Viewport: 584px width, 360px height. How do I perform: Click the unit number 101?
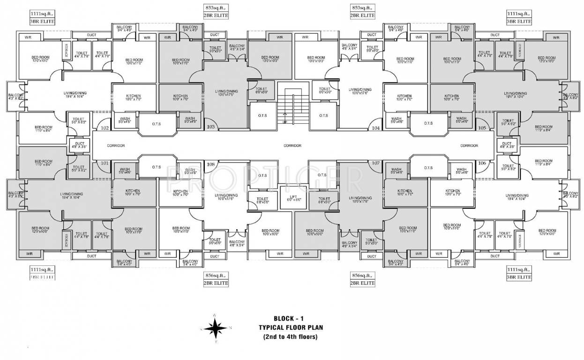(105, 164)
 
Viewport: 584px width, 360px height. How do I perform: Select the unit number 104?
(375, 127)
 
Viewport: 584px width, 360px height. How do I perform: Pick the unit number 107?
(375, 163)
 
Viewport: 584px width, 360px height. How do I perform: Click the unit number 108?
(211, 164)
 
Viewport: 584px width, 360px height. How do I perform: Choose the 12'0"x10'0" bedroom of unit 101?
(40, 231)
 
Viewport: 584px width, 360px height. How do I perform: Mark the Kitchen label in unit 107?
(404, 193)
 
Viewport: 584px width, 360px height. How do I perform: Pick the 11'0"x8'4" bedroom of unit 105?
(544, 128)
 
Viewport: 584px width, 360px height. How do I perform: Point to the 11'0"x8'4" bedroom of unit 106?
(544, 163)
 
